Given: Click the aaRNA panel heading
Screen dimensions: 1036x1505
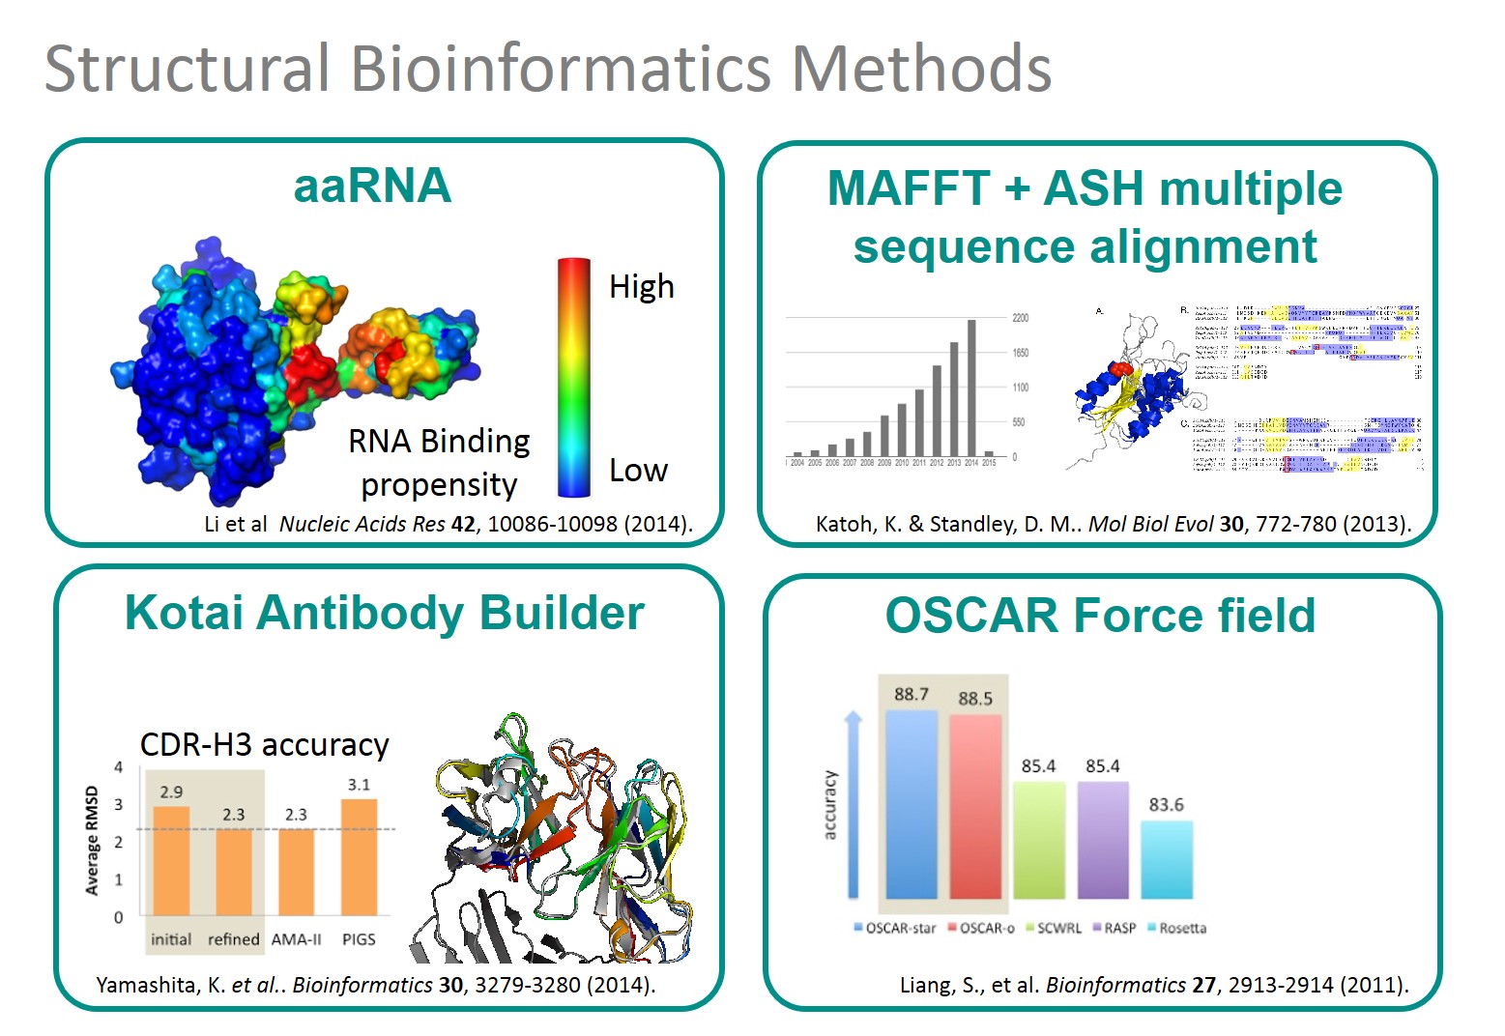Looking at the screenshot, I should pos(372,186).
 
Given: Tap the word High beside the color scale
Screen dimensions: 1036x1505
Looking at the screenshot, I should pos(641,287).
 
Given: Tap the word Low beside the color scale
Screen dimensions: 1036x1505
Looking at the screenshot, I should pos(638,471).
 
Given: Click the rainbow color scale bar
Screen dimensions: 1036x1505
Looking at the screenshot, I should pos(573,377).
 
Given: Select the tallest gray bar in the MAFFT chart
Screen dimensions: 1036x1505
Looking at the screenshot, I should pos(971,387).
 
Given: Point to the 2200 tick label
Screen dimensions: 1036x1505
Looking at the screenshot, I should pos(1021,318).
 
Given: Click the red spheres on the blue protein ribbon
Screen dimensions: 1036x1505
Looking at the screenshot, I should pos(1121,370).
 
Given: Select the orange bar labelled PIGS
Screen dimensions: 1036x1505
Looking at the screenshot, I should pos(359,857).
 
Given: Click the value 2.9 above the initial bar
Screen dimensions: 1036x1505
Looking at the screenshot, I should pos(171,791).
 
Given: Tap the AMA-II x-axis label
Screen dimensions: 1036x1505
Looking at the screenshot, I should pos(296,939).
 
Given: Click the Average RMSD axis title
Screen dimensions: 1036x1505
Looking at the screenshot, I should pos(93,841).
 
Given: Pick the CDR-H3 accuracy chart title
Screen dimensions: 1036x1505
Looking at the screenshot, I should pos(264,745).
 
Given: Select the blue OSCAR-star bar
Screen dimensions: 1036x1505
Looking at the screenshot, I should pos(912,804).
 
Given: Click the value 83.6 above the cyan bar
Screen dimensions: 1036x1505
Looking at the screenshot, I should pos(1166,804).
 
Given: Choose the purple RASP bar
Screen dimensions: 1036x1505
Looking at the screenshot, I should pos(1103,841).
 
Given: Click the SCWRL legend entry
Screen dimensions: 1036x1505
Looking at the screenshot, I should pos(1055,928).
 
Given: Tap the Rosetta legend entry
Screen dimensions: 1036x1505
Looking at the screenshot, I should pos(1177,928).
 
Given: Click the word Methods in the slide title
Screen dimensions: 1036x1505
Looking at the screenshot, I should pos(920,69).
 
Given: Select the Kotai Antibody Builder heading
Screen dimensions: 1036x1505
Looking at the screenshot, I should pos(385,613).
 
